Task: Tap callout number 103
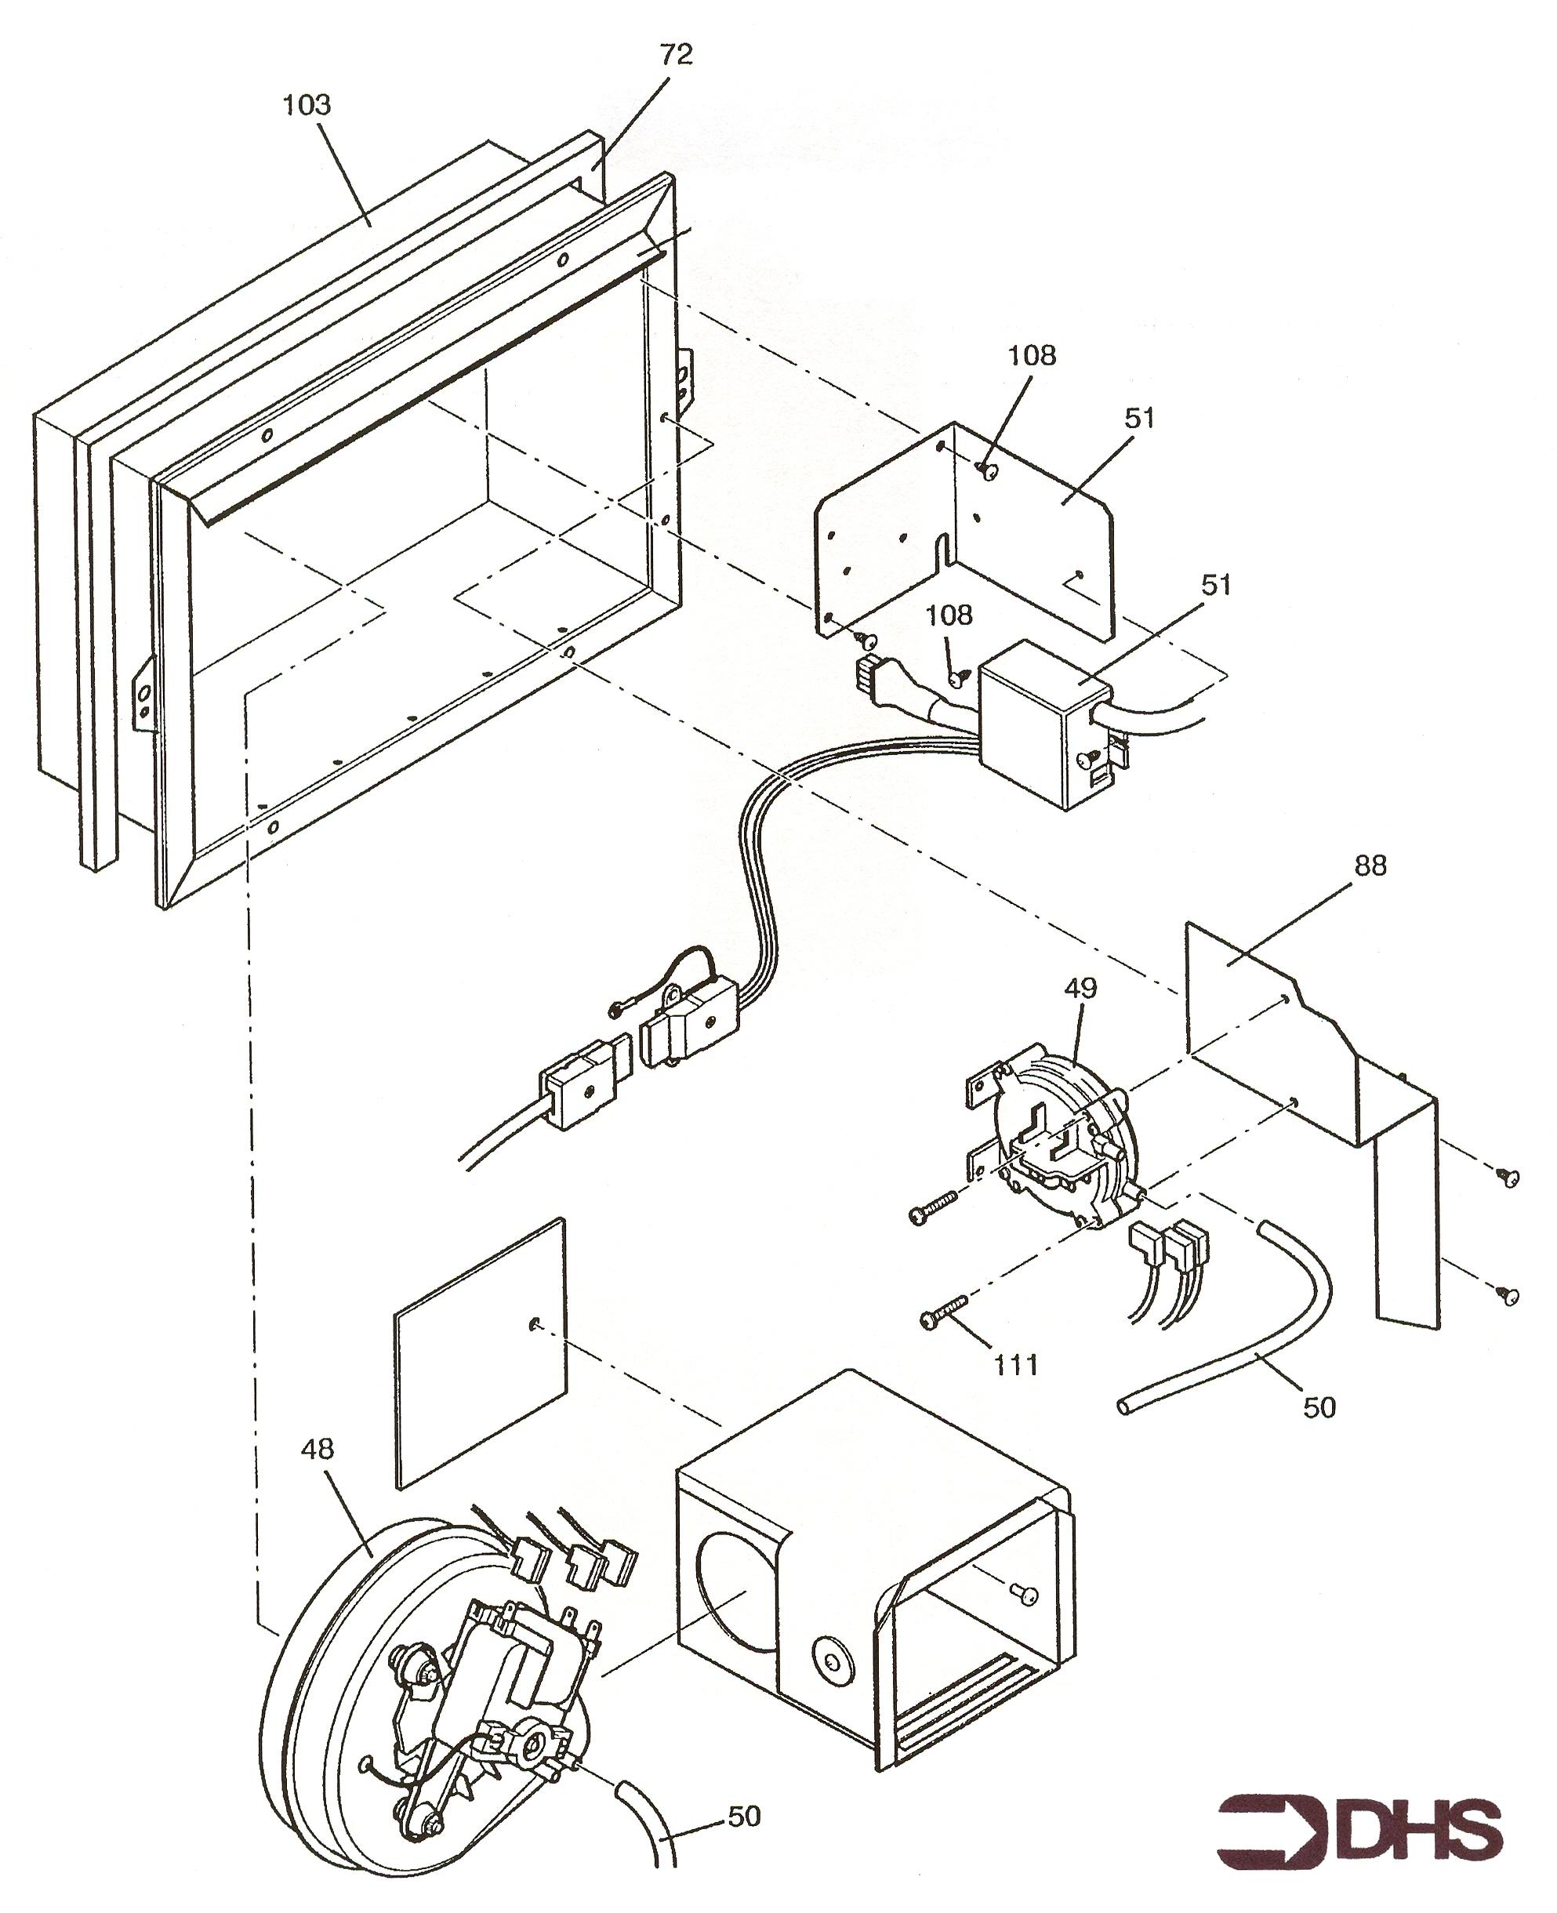(307, 106)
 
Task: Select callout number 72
(677, 56)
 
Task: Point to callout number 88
(1370, 866)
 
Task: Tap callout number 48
(318, 1450)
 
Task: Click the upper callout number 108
(1032, 356)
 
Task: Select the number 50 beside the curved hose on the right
(1319, 1408)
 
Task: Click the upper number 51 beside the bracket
(1139, 419)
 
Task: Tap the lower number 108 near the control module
(949, 615)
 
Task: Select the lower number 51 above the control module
(1216, 586)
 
